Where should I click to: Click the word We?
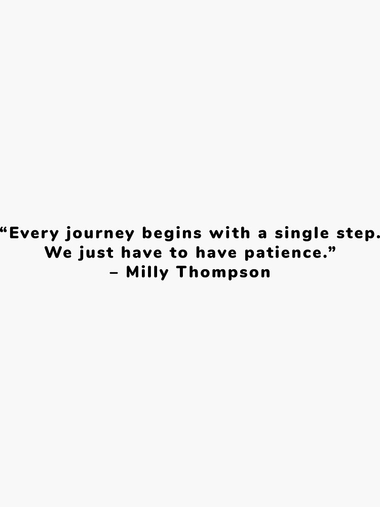58,253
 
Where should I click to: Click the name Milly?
147,273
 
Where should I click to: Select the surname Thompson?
223,273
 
